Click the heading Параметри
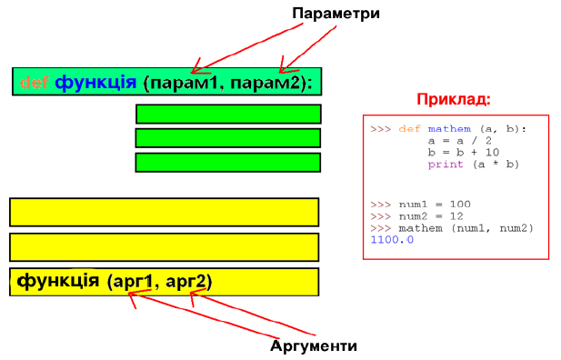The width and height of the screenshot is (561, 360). coord(336,14)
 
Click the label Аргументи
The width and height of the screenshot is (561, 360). coord(314,345)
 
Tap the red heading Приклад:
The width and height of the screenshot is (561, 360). coord(454,99)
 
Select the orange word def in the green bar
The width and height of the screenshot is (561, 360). coord(35,83)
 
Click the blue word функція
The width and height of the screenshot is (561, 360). coord(95,83)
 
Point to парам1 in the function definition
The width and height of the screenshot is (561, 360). coord(184,83)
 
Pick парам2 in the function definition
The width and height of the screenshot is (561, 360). coord(265,83)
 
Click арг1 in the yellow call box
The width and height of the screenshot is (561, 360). coord(133,282)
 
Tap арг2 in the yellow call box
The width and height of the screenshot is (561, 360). coord(186,282)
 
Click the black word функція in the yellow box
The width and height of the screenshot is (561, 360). coord(58,281)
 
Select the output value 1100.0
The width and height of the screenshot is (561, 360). coord(392,239)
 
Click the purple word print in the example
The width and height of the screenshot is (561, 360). coord(446,165)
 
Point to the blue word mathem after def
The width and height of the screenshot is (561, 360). coord(449,129)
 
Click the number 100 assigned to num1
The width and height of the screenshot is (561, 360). coord(460,205)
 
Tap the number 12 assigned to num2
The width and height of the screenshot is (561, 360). coord(456,216)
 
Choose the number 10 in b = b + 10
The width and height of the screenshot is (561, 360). coord(492,153)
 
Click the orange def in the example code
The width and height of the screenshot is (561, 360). coord(410,129)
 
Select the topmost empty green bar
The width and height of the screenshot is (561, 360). coord(228,115)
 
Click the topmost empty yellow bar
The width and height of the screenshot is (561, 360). coord(165,212)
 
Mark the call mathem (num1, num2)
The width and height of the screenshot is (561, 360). coord(466,228)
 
